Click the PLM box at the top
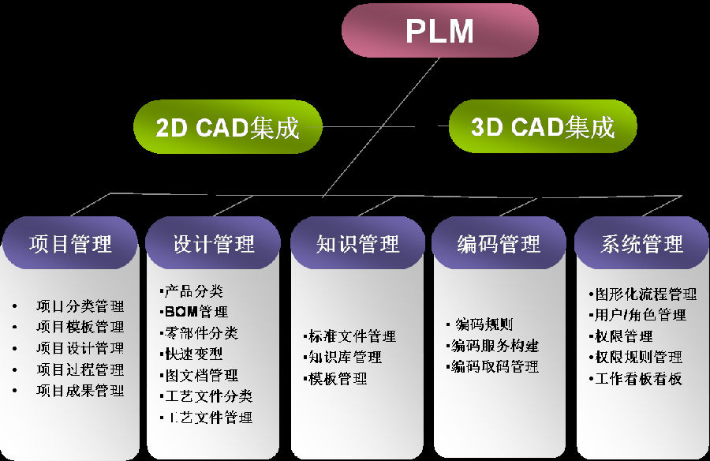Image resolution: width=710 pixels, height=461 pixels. click(x=439, y=31)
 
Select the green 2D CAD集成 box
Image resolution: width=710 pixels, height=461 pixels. click(x=228, y=127)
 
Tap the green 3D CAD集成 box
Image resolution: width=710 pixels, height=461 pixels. click(x=543, y=126)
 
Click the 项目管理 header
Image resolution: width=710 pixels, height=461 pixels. click(x=70, y=243)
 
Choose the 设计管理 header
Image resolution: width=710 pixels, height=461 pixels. click(x=213, y=243)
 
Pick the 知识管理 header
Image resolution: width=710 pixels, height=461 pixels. click(x=357, y=243)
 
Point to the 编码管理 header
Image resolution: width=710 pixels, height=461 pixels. click(x=499, y=243)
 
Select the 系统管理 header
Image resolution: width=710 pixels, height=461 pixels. click(x=641, y=243)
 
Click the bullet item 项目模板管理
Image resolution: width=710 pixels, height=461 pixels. click(x=80, y=327)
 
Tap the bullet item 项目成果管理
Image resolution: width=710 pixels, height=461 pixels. click(x=80, y=391)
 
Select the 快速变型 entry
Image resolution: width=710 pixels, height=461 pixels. click(x=193, y=354)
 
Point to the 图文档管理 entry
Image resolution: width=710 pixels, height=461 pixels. click(x=201, y=375)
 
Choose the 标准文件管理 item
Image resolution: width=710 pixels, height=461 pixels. click(x=352, y=336)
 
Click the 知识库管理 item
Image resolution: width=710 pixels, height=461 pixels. click(x=345, y=358)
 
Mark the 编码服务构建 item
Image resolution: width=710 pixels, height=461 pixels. click(x=495, y=346)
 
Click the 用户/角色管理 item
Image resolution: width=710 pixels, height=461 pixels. click(x=640, y=315)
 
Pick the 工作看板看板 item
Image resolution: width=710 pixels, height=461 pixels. click(x=637, y=378)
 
